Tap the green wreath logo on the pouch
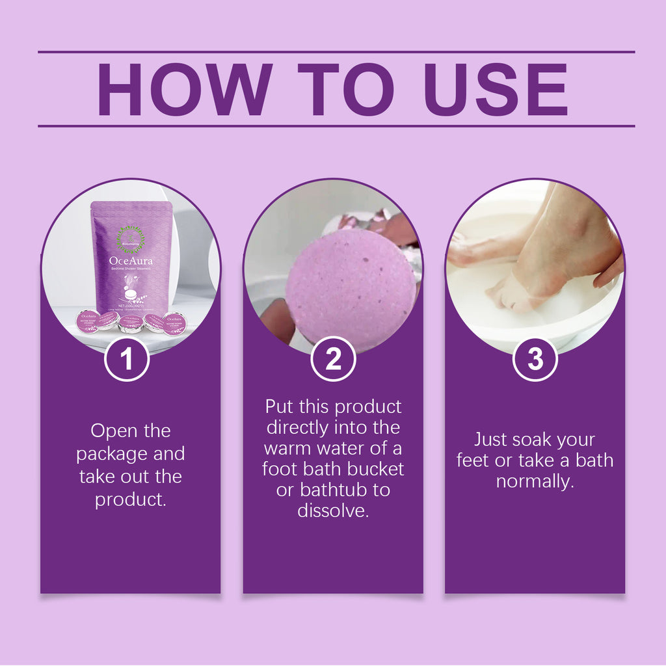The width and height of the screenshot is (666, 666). (130, 239)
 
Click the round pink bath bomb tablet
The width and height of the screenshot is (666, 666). (351, 286)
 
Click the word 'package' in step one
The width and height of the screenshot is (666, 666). (113, 453)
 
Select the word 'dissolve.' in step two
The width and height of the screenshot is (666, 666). (333, 511)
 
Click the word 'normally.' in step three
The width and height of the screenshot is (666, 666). (535, 481)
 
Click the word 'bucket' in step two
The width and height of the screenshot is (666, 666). (377, 469)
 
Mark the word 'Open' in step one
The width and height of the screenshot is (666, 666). (112, 431)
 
